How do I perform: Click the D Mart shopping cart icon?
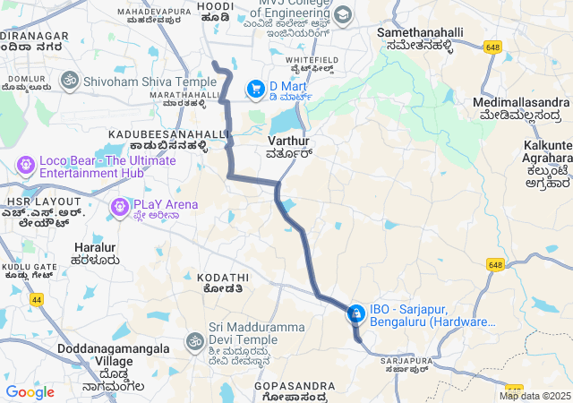256,88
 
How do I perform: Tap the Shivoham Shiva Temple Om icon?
68,81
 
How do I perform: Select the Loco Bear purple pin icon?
25,166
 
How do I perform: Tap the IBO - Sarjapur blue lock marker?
355,313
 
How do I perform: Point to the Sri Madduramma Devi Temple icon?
194,340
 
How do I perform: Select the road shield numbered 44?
37,300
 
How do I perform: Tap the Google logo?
30,392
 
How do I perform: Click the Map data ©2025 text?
535,396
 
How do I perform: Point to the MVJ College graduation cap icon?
344,16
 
